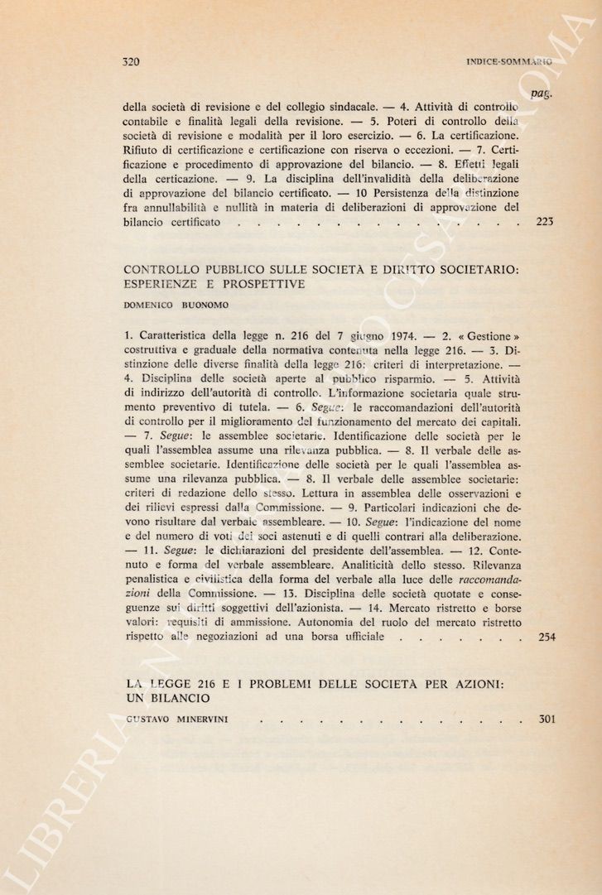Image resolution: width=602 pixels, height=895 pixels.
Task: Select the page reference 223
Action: coord(544,222)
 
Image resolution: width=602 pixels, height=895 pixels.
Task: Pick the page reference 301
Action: coord(544,719)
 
